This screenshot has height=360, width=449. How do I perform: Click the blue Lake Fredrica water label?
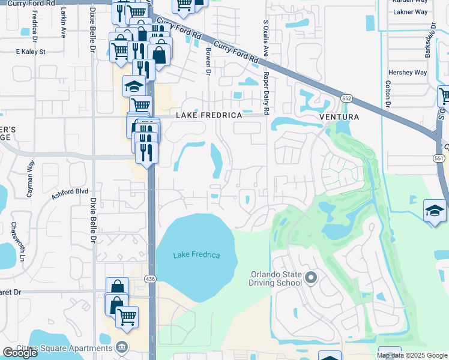196,255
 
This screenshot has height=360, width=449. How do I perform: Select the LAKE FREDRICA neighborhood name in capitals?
209,115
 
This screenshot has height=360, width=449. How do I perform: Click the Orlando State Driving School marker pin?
311,277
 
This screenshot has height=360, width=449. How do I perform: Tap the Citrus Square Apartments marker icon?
122,347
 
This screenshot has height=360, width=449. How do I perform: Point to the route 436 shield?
150,278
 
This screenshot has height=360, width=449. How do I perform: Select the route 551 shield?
439,158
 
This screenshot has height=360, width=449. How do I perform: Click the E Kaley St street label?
31,52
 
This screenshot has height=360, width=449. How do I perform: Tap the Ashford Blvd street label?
70,192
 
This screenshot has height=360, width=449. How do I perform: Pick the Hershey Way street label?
407,73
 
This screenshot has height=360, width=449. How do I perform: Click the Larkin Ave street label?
63,28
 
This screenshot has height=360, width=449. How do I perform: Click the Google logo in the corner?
20,353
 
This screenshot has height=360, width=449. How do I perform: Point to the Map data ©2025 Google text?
412,355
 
